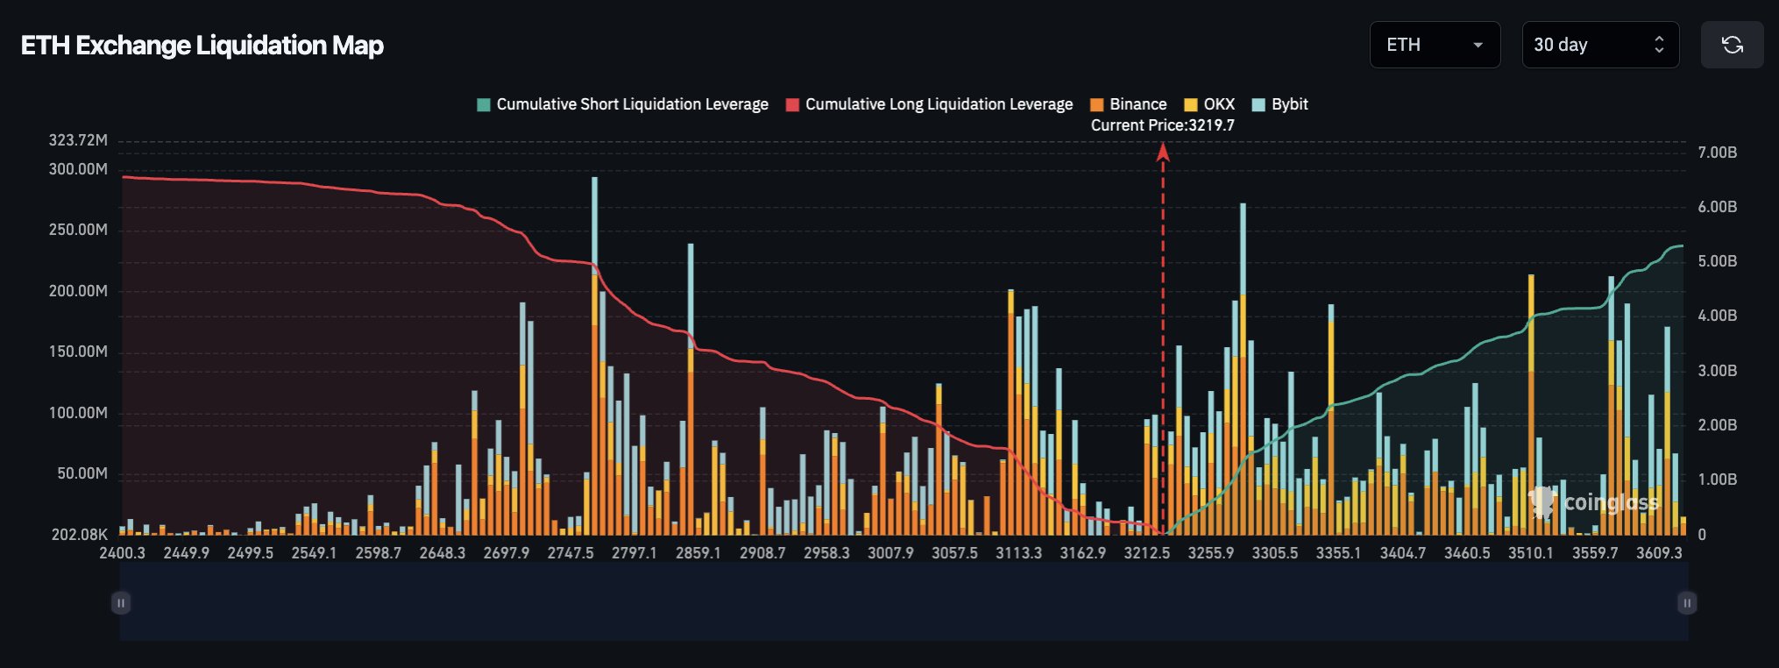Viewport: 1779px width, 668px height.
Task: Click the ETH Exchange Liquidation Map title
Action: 202,46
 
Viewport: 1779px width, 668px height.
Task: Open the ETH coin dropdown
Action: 1435,45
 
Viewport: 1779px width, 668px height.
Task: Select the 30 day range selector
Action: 1599,45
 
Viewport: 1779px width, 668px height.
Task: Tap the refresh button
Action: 1732,45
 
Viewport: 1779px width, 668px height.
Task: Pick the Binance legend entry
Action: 1129,104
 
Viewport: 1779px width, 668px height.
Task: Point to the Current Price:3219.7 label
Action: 1162,125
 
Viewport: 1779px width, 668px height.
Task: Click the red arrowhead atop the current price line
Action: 1163,153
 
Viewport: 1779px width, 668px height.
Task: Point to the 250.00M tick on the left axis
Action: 78,230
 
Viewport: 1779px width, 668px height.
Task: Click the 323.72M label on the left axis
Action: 78,140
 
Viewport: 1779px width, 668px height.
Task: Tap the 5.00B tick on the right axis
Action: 1717,261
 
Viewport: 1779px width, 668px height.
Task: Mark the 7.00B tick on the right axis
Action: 1717,153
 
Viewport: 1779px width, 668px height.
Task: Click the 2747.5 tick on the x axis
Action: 571,553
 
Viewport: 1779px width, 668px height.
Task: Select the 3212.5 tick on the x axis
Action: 1146,553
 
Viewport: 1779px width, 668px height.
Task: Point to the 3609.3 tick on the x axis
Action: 1659,553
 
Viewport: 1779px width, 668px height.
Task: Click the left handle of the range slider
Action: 121,603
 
